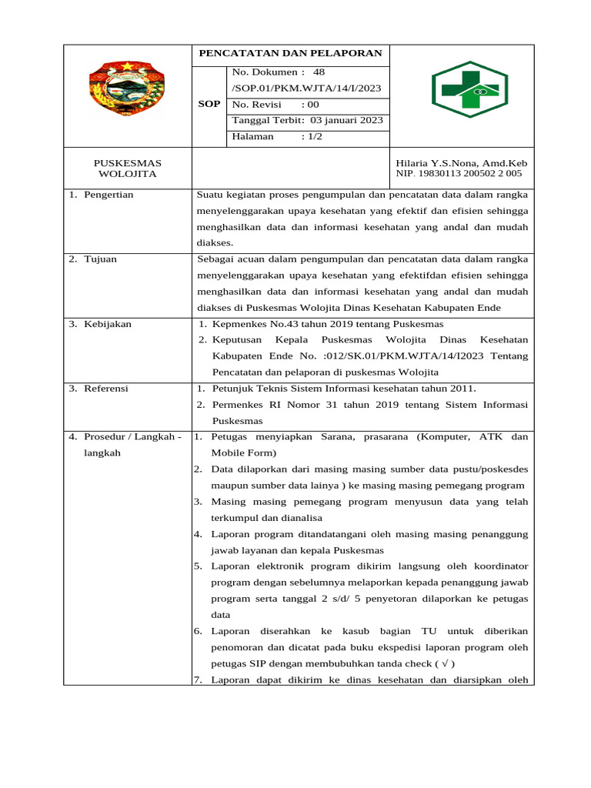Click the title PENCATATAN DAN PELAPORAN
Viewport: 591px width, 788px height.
290,54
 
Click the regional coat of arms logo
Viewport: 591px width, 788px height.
127,86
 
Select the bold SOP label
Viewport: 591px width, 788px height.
209,104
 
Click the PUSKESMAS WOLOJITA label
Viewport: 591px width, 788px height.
127,169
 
